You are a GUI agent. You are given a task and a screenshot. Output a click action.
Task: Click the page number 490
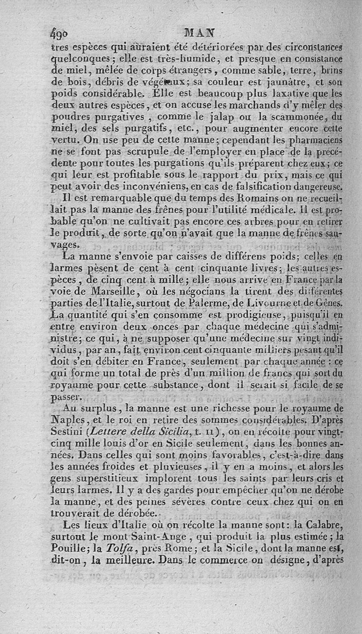pos(59,34)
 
